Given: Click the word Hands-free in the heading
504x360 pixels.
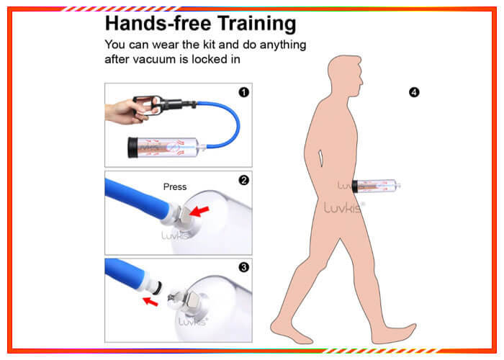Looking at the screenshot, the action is pos(158,24).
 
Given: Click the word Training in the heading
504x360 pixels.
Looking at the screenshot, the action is pos(256,24).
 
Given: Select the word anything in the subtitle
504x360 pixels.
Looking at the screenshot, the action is pos(282,45).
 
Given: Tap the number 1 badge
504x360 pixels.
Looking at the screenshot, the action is pos(243,93).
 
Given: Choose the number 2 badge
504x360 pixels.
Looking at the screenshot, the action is pos(243,180).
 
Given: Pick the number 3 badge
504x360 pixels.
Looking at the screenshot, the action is pos(243,267).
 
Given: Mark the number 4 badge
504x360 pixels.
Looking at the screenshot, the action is pos(414,93).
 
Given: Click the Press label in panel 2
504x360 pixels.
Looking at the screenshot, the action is pos(175,186).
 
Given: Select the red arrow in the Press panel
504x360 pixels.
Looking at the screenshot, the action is pos(199,211).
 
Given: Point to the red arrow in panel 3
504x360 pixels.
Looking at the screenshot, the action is pos(150,302).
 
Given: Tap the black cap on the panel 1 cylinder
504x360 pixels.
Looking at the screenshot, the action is pos(132,148).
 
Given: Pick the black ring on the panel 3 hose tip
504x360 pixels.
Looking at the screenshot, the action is pos(158,287).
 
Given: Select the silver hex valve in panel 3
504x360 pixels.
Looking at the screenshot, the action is pos(192,301).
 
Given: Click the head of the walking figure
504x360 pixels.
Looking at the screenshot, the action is pos(346,76).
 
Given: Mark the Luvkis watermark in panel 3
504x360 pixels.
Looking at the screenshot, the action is pos(193,321).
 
